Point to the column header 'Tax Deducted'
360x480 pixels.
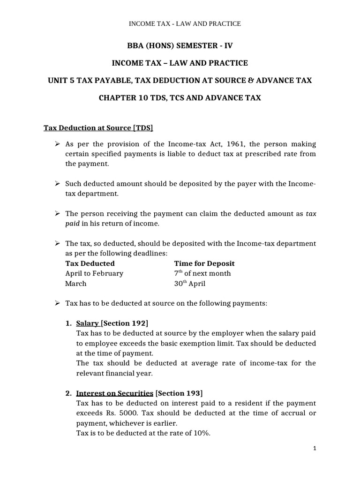90,263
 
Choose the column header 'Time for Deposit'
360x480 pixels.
204,263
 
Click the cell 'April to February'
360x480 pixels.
94,273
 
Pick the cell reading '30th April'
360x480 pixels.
189,283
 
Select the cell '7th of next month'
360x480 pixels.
202,273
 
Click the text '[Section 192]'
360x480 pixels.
125,323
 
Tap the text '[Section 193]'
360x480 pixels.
179,393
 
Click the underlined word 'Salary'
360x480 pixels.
87,323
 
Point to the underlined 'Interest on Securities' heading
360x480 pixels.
114,393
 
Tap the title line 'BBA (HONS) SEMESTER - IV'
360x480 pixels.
180,45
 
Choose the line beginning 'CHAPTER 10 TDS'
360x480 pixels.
180,98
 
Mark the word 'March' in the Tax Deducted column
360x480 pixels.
76,283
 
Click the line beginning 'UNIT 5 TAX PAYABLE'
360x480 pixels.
180,81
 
